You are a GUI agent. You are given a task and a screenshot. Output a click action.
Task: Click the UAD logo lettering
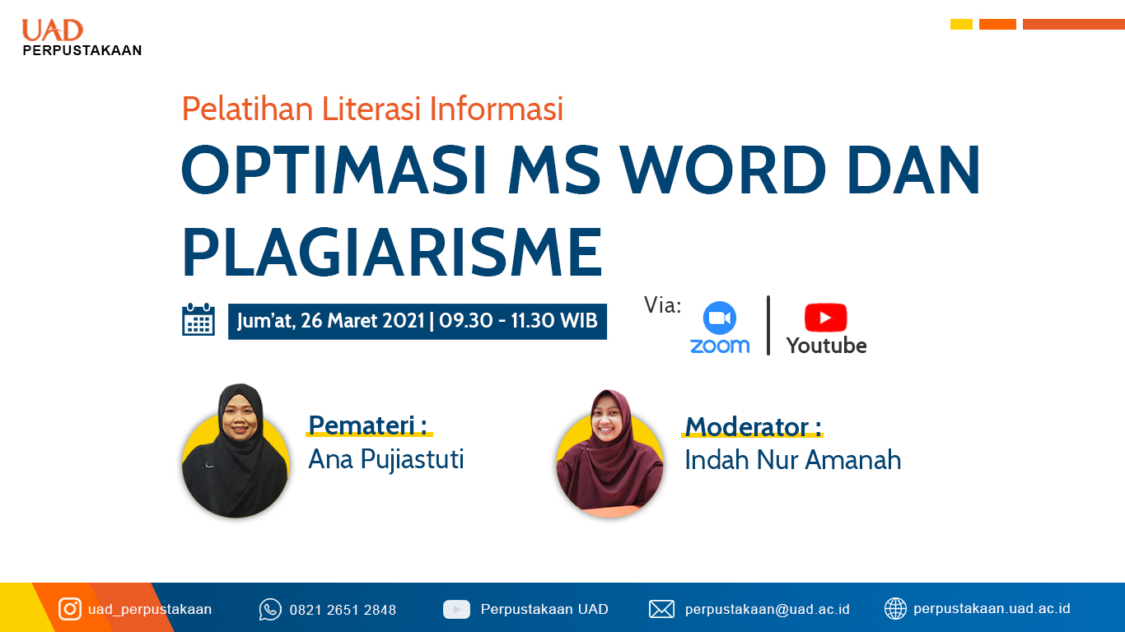pos(52,30)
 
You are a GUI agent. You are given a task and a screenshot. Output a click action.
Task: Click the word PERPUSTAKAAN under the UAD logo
pos(82,50)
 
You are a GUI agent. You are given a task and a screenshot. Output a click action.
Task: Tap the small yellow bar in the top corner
pos(961,24)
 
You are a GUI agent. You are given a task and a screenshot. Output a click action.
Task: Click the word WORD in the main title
pos(722,170)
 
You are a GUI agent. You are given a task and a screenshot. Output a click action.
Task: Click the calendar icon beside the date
pos(198,319)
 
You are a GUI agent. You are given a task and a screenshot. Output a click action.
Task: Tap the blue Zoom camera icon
pos(719,318)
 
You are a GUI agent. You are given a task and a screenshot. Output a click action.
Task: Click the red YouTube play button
pos(826,318)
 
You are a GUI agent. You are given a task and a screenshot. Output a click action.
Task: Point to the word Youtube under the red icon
pos(826,346)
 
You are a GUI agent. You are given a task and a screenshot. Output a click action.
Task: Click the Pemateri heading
pos(367,425)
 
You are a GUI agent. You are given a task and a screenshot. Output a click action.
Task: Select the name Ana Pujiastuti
pos(385,459)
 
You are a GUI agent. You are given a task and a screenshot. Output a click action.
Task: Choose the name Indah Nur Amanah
pos(793,460)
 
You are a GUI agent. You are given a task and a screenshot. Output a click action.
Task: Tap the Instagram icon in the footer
pos(70,610)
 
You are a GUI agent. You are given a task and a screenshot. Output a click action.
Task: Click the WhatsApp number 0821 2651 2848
pos(343,610)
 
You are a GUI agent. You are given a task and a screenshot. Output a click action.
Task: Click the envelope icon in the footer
pos(661,610)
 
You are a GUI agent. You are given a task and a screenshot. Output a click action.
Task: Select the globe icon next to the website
pos(895,609)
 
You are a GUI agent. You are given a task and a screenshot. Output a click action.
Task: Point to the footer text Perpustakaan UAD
pos(544,610)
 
